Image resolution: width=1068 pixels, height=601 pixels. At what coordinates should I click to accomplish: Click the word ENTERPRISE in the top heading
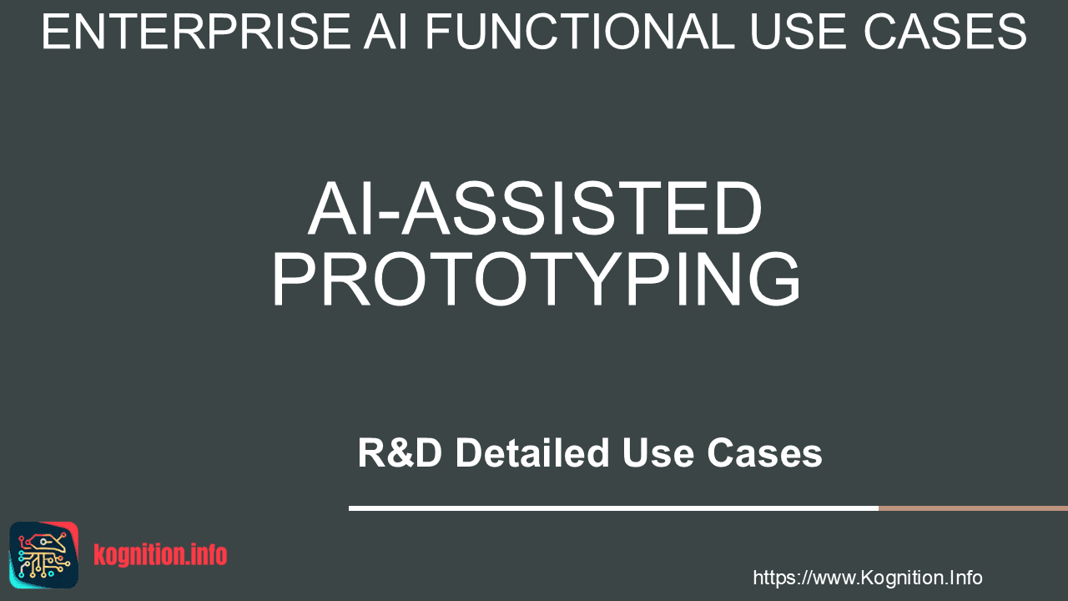196,32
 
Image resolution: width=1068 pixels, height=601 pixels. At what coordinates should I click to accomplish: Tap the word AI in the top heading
385,32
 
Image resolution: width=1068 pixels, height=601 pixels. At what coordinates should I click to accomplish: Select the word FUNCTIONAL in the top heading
580,32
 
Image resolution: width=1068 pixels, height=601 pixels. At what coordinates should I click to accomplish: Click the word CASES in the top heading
945,32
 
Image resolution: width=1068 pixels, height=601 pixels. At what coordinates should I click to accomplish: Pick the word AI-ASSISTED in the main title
536,209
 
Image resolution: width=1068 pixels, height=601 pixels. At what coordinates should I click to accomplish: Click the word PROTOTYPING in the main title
536,280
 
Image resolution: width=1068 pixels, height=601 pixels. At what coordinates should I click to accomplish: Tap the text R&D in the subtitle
400,452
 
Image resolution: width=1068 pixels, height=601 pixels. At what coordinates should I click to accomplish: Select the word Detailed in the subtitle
532,452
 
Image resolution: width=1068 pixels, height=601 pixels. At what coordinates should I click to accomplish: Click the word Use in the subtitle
658,452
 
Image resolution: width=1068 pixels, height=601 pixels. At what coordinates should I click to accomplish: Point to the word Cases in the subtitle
765,452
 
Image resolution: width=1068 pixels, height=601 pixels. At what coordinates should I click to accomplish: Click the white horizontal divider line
613,508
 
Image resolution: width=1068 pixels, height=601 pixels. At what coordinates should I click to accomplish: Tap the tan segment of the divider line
973,508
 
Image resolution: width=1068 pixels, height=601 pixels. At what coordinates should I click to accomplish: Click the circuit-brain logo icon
44,555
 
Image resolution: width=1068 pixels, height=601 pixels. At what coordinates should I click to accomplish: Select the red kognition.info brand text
161,555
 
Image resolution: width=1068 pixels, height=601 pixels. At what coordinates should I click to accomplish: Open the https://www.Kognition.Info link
868,578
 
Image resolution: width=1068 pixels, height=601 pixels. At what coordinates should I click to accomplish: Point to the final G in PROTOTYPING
773,280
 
